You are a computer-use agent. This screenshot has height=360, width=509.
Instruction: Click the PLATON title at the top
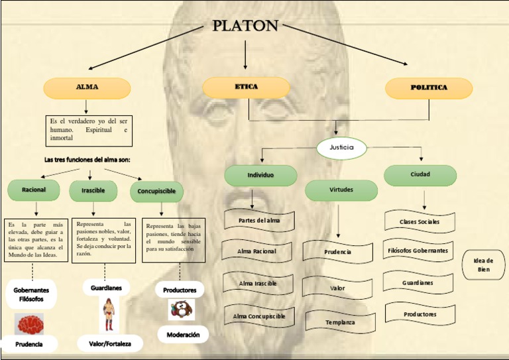245,26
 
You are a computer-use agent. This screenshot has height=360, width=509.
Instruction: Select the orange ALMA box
87,88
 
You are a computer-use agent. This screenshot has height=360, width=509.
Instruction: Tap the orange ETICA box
246,88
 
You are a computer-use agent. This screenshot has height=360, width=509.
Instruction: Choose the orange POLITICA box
429,88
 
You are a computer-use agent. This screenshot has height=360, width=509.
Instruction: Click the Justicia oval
341,147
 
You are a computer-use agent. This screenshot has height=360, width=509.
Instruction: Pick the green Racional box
34,190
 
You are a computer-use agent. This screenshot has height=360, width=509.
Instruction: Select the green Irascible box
93,191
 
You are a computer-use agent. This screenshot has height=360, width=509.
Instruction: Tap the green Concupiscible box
156,191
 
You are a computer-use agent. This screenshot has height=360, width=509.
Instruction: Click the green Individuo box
260,176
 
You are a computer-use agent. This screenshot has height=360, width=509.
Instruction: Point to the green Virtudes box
341,190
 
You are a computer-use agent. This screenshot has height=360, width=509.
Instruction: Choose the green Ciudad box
420,175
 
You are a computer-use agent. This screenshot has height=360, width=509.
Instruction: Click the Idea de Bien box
482,265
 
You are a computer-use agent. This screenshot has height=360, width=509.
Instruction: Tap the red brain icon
30,324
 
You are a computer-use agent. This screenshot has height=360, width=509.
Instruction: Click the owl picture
180,310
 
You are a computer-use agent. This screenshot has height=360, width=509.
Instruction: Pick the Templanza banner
339,322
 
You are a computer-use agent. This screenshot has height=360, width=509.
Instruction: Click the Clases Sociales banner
420,221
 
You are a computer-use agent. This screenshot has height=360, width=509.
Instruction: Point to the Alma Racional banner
257,251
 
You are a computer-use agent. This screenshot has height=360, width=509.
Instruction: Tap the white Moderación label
183,335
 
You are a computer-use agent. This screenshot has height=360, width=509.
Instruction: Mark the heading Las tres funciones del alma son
87,160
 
